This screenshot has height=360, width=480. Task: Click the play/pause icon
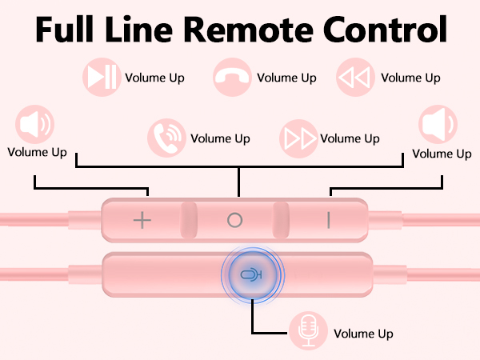(x=102, y=77)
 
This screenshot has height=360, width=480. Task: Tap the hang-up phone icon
(x=232, y=77)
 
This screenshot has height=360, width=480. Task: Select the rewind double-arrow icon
(x=355, y=77)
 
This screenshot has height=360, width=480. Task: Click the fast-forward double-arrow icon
(x=298, y=138)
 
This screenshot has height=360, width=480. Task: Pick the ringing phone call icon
(x=166, y=138)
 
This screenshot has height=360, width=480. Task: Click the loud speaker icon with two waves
(x=35, y=124)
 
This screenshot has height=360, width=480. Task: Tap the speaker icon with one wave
(x=438, y=124)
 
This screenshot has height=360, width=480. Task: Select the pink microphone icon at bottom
(x=308, y=330)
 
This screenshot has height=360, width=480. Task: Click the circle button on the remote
(x=234, y=220)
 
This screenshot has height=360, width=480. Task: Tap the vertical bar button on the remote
(x=329, y=220)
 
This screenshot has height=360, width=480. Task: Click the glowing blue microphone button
(x=253, y=275)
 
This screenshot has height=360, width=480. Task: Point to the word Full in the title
(x=65, y=29)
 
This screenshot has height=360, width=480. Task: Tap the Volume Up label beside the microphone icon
(x=363, y=334)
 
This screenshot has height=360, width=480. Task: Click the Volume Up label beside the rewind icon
(x=410, y=78)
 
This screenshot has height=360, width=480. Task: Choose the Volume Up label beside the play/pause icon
(x=154, y=78)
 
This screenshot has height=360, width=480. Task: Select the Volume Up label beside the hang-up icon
(x=286, y=78)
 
